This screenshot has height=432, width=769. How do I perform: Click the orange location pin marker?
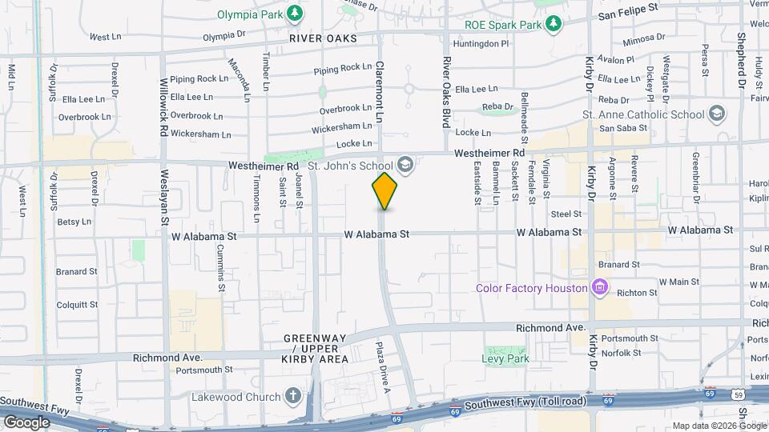(384, 190)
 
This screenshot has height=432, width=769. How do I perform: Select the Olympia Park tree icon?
(296, 13)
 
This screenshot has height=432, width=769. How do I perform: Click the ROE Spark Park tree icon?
(552, 24)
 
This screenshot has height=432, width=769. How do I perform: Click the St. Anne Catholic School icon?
(717, 114)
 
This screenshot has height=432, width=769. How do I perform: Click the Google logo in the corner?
(26, 422)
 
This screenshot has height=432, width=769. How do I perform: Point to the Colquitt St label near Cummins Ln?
(77, 304)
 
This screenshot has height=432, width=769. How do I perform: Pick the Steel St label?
(566, 214)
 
